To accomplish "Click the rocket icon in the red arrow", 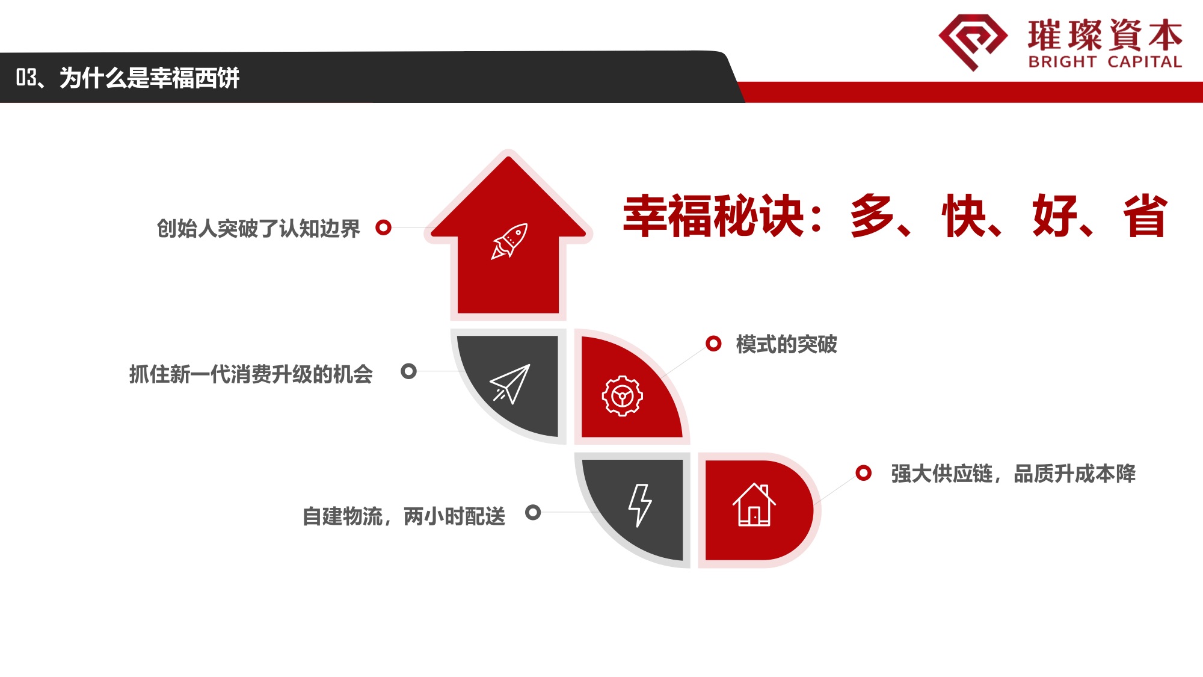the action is pos(509,241).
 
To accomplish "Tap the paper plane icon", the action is pos(510,384).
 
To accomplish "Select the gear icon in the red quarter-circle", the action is pos(623,396).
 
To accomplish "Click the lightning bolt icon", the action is pos(640,505).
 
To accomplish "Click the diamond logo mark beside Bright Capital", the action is pos(973,42).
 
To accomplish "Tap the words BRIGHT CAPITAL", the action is pos(1105,62).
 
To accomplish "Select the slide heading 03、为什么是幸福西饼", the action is pos(128,78).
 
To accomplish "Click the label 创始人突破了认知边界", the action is pos(258,229).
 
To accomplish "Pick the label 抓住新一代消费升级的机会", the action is pos(251,374).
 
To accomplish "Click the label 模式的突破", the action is pos(786,344).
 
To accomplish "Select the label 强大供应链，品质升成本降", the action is pos(1014,474).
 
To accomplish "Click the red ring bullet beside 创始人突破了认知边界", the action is pos(383,227).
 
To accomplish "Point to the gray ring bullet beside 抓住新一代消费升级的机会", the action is pos(408,371).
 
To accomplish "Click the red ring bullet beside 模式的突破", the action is pos(713,344).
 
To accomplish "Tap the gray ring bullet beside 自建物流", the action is pos(533,512).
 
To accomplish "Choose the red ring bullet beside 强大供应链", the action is pos(863,473).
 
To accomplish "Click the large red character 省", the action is pos(1145,215).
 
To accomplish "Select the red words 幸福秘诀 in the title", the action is pos(714,215).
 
